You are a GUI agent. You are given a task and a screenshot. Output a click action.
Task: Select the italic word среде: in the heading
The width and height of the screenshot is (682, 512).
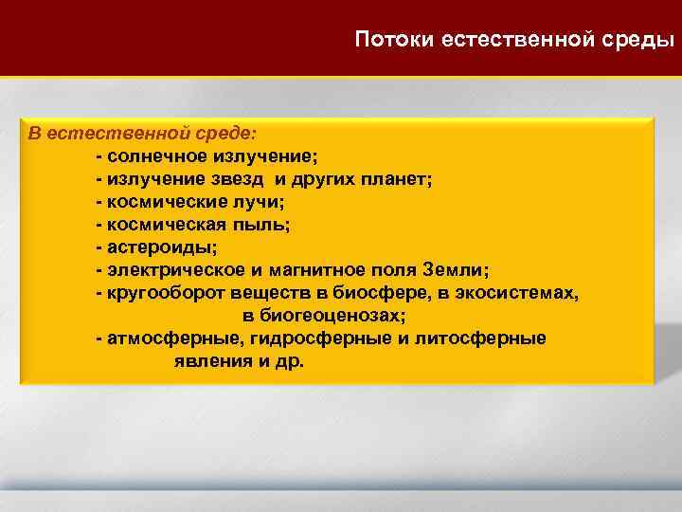pos(235,134)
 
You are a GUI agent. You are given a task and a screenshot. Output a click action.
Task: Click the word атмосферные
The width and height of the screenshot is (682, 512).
pos(163,338)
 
